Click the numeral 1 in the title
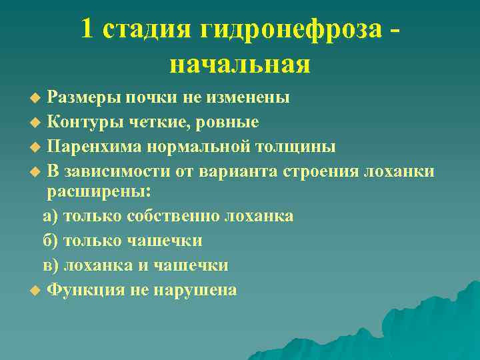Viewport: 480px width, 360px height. [x=88, y=29]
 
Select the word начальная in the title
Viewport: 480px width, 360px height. [x=240, y=64]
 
